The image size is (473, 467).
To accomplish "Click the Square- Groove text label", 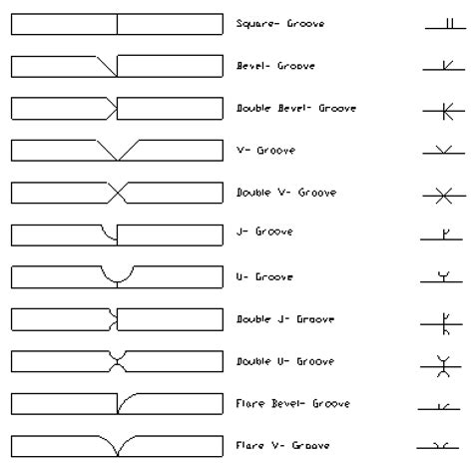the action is (x=280, y=24).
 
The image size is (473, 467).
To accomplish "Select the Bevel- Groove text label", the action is (x=275, y=66).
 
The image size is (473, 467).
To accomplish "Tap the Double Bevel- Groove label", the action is (x=296, y=108).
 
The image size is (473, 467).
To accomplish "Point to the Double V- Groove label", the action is (x=286, y=193).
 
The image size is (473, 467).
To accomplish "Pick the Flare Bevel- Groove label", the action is (x=292, y=403).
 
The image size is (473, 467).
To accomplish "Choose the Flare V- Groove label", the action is (x=282, y=445).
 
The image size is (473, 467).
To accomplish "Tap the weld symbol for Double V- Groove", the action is (x=444, y=196).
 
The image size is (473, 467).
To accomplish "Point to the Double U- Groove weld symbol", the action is (x=441, y=366).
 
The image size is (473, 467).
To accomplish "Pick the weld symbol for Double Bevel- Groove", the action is (x=444, y=111).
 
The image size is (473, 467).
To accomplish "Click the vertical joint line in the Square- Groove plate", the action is (x=117, y=24).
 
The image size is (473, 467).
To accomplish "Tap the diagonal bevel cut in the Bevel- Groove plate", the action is (x=107, y=66).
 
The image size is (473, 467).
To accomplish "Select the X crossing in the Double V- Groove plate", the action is (x=117, y=193).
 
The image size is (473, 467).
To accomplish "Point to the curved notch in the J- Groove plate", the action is (x=108, y=233).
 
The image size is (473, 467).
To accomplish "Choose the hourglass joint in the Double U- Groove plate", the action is (x=117, y=361).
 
